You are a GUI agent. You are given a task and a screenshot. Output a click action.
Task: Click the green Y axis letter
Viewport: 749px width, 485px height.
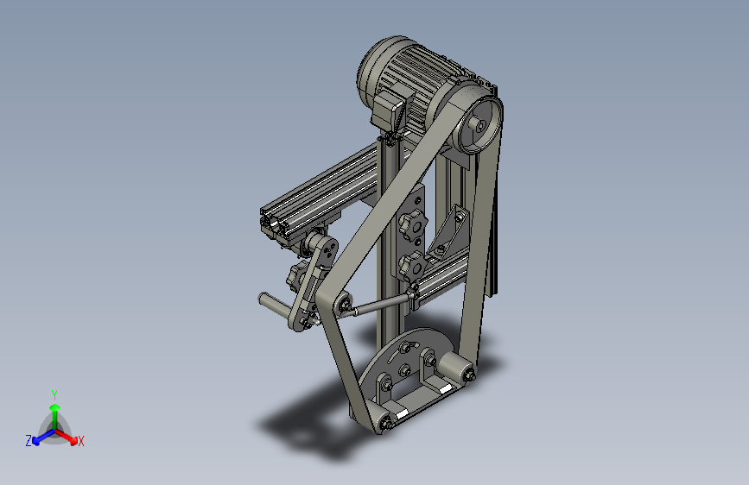point(54,394)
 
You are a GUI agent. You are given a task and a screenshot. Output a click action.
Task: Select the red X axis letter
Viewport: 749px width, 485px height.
point(80,441)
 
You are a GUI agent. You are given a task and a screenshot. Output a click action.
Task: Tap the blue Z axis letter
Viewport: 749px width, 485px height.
point(29,441)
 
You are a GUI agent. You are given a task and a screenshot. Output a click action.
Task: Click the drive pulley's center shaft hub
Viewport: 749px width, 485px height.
point(479,125)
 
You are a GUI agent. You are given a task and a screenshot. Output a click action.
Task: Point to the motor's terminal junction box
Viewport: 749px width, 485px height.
point(389,112)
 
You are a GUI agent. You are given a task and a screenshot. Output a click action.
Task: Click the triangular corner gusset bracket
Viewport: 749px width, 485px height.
point(449,233)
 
